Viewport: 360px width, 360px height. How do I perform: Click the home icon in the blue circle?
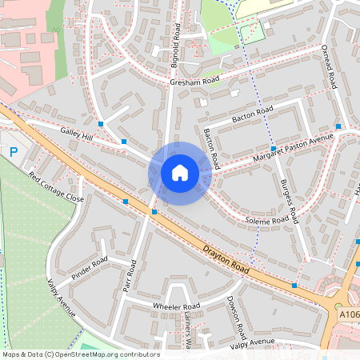click(180, 173)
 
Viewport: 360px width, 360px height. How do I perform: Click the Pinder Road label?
click(89, 269)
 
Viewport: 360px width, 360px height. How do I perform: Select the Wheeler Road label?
click(176, 307)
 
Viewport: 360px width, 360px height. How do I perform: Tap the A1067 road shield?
click(349, 315)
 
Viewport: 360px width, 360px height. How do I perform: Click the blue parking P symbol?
click(13, 150)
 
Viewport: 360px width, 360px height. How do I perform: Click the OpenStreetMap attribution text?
click(80, 354)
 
